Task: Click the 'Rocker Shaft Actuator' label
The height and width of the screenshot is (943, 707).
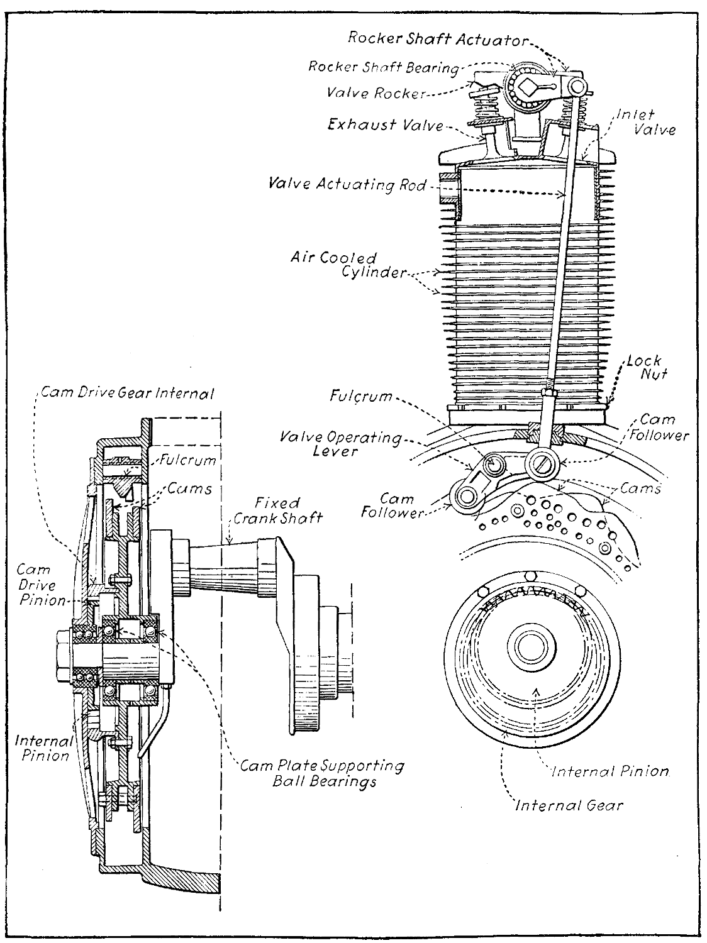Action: (x=437, y=39)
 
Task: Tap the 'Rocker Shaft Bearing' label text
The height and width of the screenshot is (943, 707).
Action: (x=383, y=67)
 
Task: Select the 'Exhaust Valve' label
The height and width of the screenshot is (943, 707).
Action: (x=385, y=124)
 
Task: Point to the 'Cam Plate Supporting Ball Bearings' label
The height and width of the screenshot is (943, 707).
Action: (x=323, y=773)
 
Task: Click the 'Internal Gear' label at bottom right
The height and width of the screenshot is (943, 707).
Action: (x=569, y=805)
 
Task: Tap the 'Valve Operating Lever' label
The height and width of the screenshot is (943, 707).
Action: (x=340, y=444)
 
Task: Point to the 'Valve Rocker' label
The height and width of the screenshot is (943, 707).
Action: (x=376, y=93)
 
